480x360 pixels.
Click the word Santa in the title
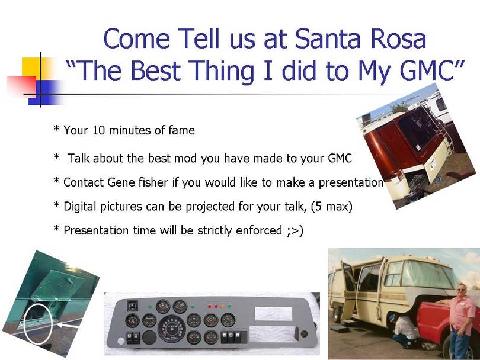(x=328, y=38)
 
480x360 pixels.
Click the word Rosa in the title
(x=398, y=38)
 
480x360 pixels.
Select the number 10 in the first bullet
(x=98, y=130)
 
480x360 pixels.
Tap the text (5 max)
(x=331, y=207)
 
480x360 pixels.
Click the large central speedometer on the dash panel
(x=172, y=329)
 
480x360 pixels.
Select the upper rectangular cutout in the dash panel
(x=273, y=313)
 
